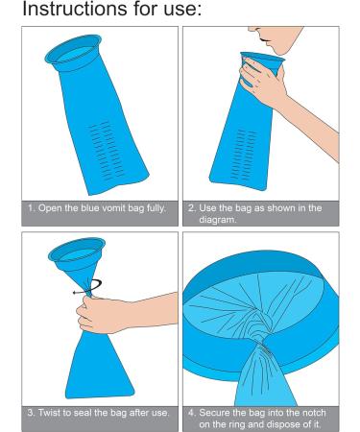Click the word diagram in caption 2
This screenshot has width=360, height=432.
click(x=218, y=220)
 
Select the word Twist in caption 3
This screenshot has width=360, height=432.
click(x=50, y=413)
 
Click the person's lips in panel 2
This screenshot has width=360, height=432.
click(x=264, y=40)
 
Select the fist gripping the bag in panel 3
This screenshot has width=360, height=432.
click(x=96, y=315)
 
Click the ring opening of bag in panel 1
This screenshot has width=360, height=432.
click(x=74, y=53)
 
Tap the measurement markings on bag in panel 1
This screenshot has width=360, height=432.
click(x=106, y=150)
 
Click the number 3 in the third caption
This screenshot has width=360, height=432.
click(x=31, y=413)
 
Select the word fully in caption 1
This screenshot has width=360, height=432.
click(x=156, y=208)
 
